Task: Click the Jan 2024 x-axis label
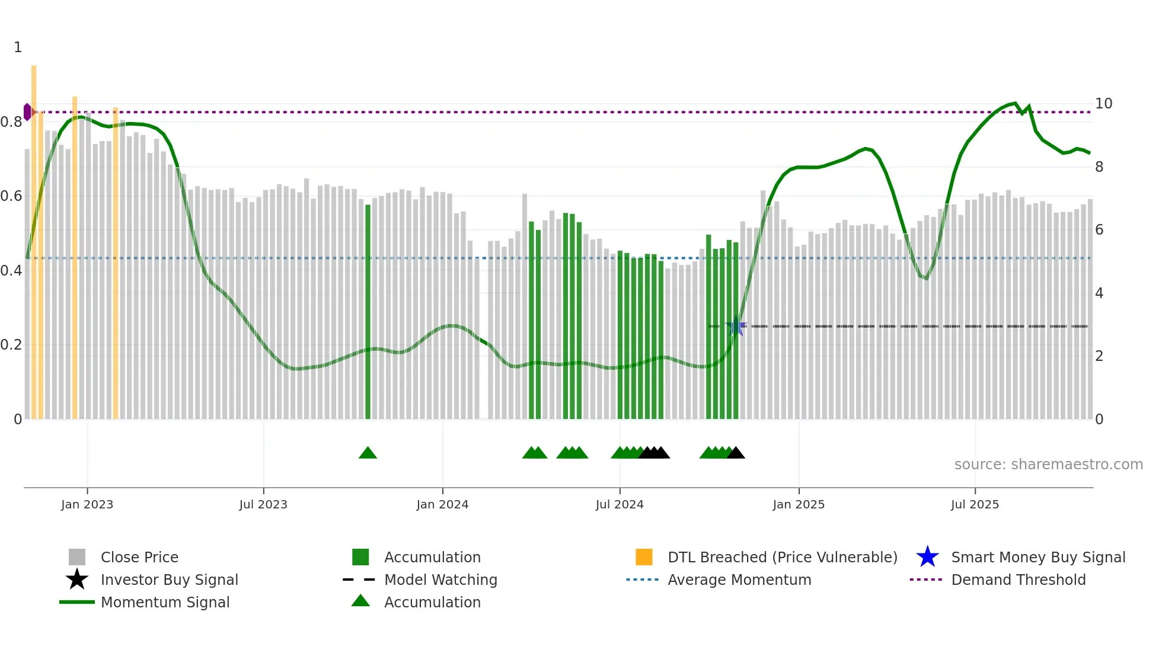point(442,504)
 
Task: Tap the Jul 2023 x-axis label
point(263,504)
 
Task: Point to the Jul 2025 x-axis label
point(975,504)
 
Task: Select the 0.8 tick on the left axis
point(11,122)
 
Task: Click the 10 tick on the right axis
point(1103,104)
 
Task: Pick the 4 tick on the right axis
point(1099,293)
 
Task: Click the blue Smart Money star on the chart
point(736,326)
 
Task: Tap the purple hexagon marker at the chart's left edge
point(27,112)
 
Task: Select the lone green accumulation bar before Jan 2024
point(368,311)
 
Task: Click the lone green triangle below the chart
point(368,453)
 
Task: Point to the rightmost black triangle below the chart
point(736,453)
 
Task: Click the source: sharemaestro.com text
point(1048,465)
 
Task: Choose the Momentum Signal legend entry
point(165,602)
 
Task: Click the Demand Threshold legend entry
point(1018,580)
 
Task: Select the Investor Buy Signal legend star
point(77,580)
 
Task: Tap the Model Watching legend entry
point(440,580)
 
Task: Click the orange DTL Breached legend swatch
point(644,557)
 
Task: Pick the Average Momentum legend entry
point(739,580)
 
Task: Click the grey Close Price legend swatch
point(77,557)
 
